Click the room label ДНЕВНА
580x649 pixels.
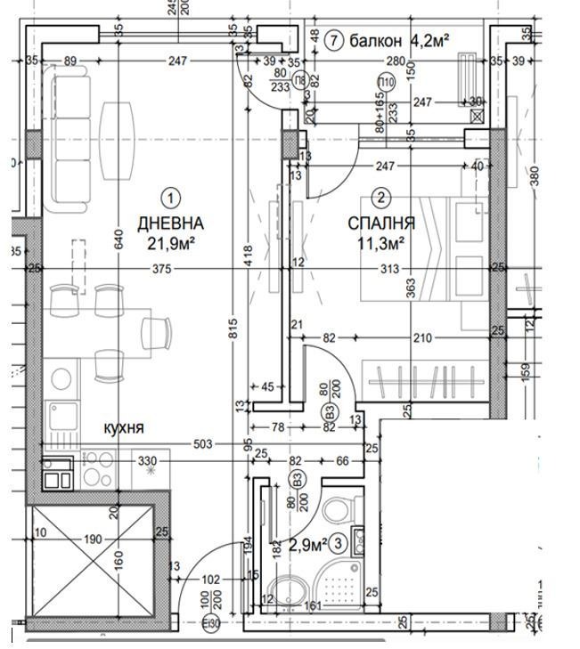pos(170,223)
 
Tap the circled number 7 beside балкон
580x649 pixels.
pos(333,40)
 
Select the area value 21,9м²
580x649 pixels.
pos(170,242)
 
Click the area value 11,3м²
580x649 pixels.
pos(381,242)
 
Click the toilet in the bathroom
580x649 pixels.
pos(337,510)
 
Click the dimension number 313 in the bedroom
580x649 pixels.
pos(389,270)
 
